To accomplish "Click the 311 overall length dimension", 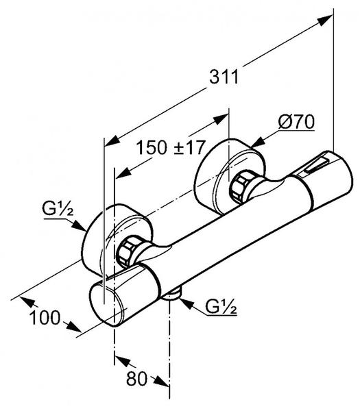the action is (224, 77).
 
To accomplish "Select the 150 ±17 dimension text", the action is (170, 147).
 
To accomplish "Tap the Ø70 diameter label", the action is (296, 122).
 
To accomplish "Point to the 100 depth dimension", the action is (45, 318).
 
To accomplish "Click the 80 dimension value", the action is (136, 378).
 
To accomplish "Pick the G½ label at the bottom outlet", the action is (221, 306).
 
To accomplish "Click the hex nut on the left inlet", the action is (126, 251).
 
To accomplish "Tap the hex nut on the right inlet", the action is (241, 186).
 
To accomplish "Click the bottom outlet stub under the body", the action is (171, 295).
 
